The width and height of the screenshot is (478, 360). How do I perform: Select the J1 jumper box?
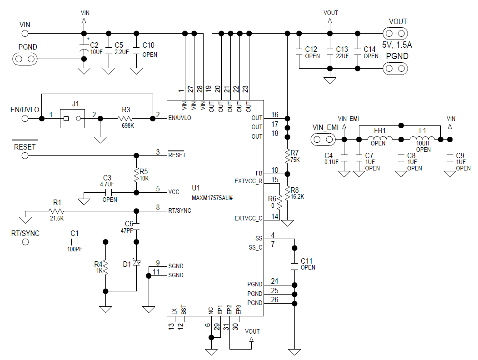pyautogui.click(x=72, y=119)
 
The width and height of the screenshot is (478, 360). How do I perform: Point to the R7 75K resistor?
pyautogui.click(x=287, y=156)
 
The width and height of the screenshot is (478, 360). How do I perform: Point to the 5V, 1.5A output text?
pyautogui.click(x=396, y=45)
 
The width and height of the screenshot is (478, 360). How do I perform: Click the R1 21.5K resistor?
pyautogui.click(x=57, y=211)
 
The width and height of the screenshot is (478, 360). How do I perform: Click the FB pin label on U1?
pyautogui.click(x=259, y=173)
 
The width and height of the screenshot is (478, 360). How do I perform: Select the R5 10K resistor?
pyautogui.click(x=136, y=174)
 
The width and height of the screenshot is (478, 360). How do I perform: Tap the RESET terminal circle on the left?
pyautogui.click(x=25, y=155)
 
